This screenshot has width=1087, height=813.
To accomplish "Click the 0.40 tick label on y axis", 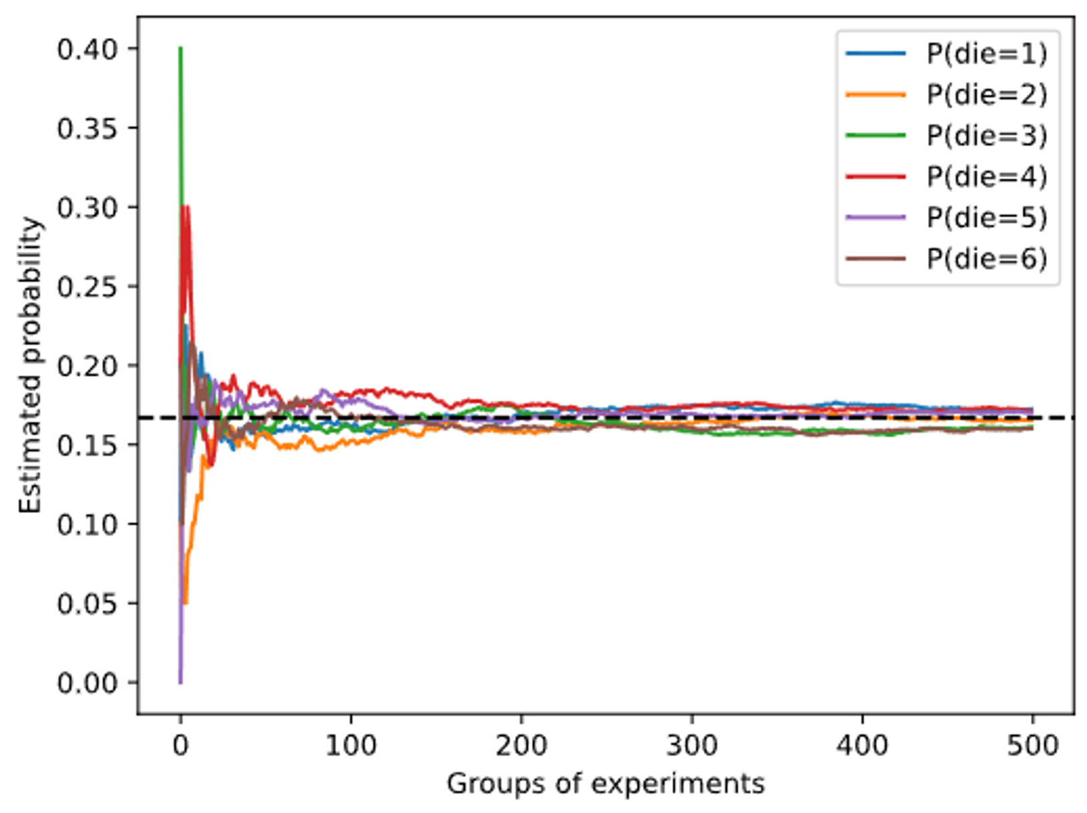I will click(x=87, y=49).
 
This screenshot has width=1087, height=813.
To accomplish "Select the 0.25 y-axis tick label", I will click(x=87, y=287).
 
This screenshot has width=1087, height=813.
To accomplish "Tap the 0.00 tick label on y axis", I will click(x=87, y=683).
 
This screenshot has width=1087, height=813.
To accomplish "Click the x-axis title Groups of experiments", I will click(x=605, y=784).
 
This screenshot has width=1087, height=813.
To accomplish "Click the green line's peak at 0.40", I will click(x=180, y=49).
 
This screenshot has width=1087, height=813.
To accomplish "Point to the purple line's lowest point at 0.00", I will click(x=180, y=681).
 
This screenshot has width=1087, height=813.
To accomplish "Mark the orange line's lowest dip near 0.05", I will click(x=186, y=603).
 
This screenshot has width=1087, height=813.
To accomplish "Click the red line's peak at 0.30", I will click(x=187, y=207).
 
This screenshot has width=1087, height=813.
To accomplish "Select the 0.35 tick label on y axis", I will click(x=87, y=128).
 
